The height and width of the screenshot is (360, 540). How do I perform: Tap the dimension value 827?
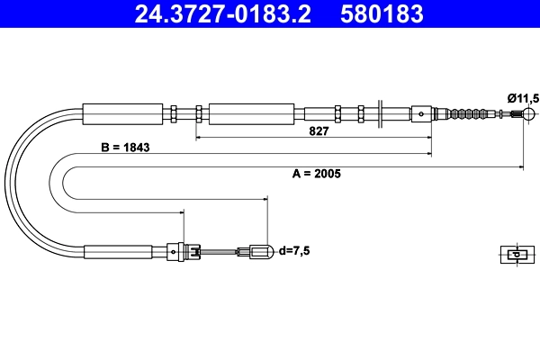[x=319, y=130]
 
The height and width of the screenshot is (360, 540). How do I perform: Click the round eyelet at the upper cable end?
[x=529, y=114]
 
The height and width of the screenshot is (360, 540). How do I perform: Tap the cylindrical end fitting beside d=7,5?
[x=260, y=252]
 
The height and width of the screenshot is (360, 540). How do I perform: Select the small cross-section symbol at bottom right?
[x=515, y=254]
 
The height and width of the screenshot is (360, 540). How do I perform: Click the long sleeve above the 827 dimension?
[x=251, y=114]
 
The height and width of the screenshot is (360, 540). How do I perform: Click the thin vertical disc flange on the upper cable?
[x=382, y=114]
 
